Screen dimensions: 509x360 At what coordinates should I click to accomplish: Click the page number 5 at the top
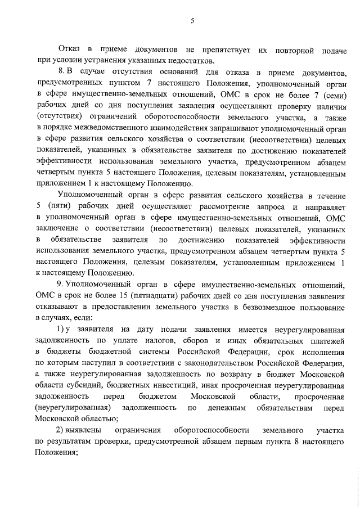[x=192, y=21]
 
